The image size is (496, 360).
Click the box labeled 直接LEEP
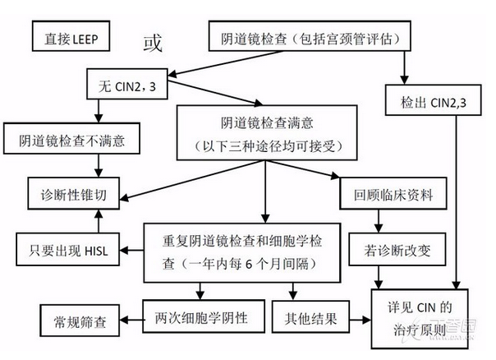(71, 36)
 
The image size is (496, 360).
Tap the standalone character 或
(153, 43)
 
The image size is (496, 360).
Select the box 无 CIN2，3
(127, 84)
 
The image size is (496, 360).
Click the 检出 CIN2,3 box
(433, 99)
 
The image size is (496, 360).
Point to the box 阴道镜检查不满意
(71, 138)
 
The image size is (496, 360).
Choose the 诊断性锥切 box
(74, 193)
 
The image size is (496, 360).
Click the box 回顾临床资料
(393, 193)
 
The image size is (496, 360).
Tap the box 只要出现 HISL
(67, 249)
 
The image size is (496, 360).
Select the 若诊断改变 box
(397, 249)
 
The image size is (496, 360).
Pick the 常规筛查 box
(80, 321)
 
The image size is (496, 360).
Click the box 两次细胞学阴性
(204, 316)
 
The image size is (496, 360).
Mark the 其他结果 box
(310, 316)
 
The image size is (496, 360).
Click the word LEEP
(85, 39)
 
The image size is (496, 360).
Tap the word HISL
(97, 252)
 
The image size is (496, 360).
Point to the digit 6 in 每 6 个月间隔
(249, 264)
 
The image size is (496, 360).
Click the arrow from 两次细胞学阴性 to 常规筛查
(131, 320)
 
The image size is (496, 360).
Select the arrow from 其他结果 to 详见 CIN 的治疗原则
(361, 320)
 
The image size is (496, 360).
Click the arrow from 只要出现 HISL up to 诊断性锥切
(99, 221)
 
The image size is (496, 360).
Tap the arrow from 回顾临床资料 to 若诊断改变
(379, 221)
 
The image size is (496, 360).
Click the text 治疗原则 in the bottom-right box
(420, 330)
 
